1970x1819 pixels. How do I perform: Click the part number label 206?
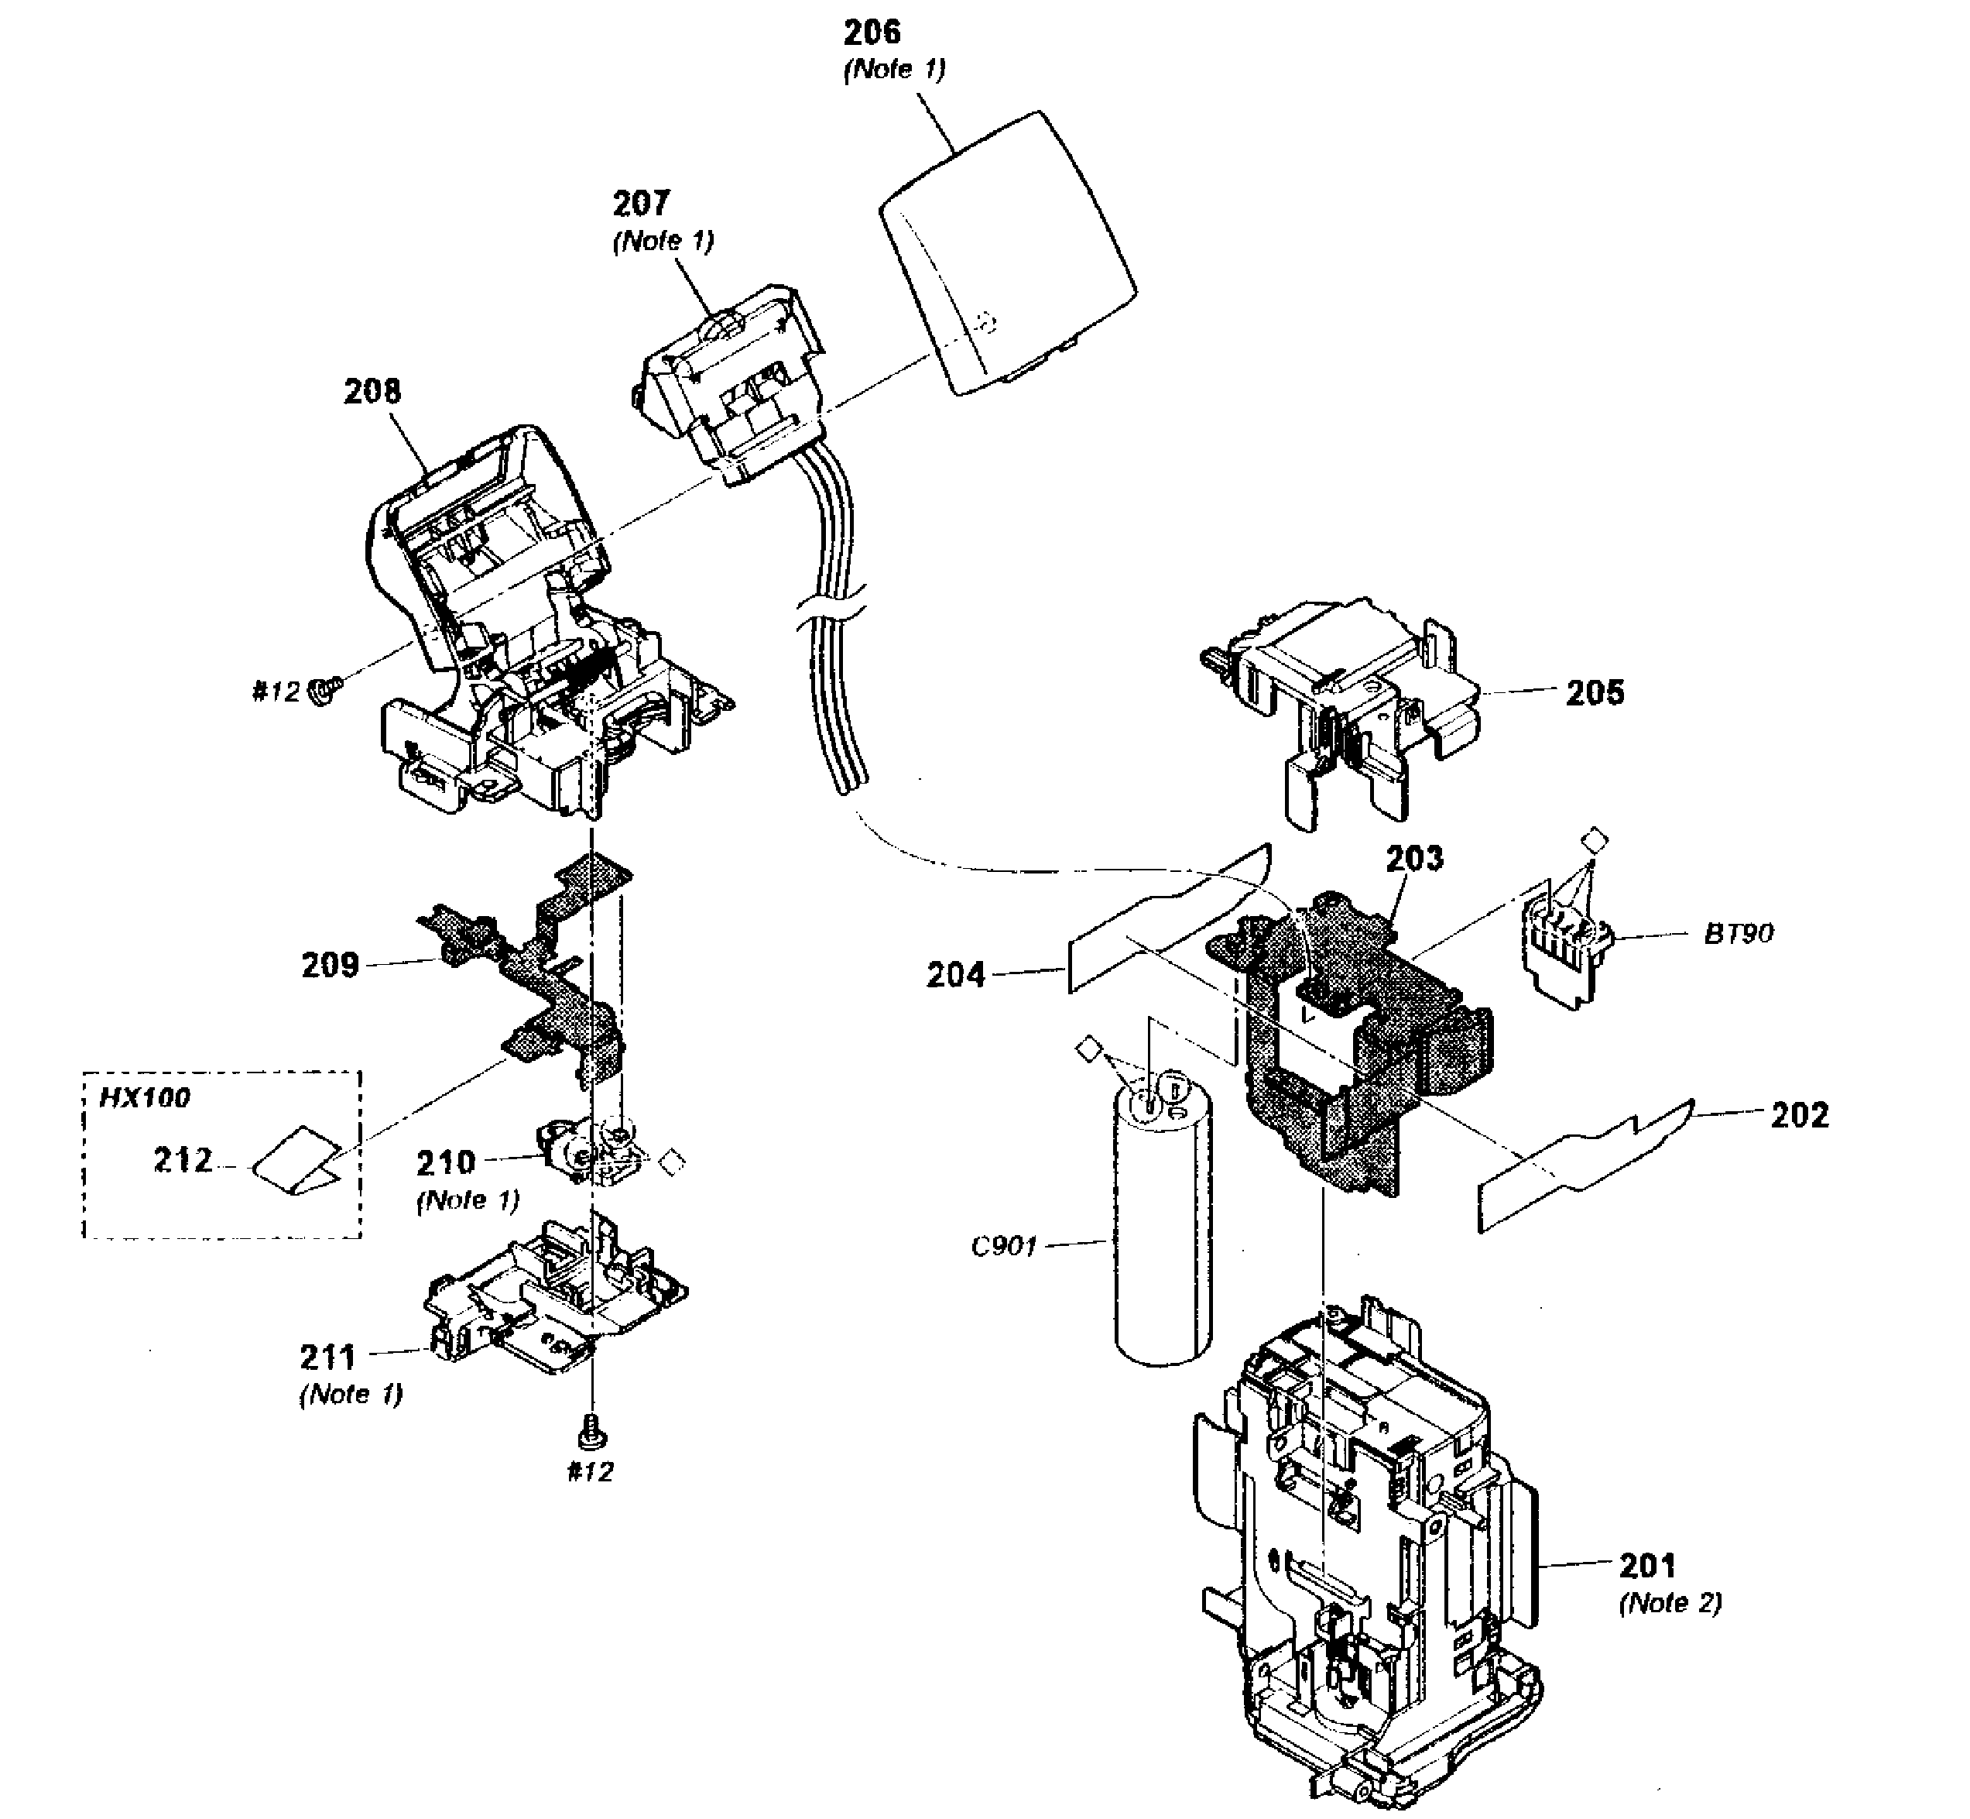pos(872,33)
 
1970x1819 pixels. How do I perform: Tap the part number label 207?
pos(642,204)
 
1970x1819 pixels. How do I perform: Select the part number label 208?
pos(372,392)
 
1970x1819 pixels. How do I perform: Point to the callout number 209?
pos(330,965)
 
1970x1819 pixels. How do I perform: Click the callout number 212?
pos(183,1161)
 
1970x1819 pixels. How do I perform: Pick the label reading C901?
pos(1004,1247)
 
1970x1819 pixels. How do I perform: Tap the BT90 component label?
pos(1739,933)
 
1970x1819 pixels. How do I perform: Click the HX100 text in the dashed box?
pos(145,1097)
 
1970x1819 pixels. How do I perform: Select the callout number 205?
pos(1595,693)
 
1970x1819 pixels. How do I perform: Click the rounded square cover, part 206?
pos(1009,253)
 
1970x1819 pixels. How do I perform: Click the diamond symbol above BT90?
pos(1593,842)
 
